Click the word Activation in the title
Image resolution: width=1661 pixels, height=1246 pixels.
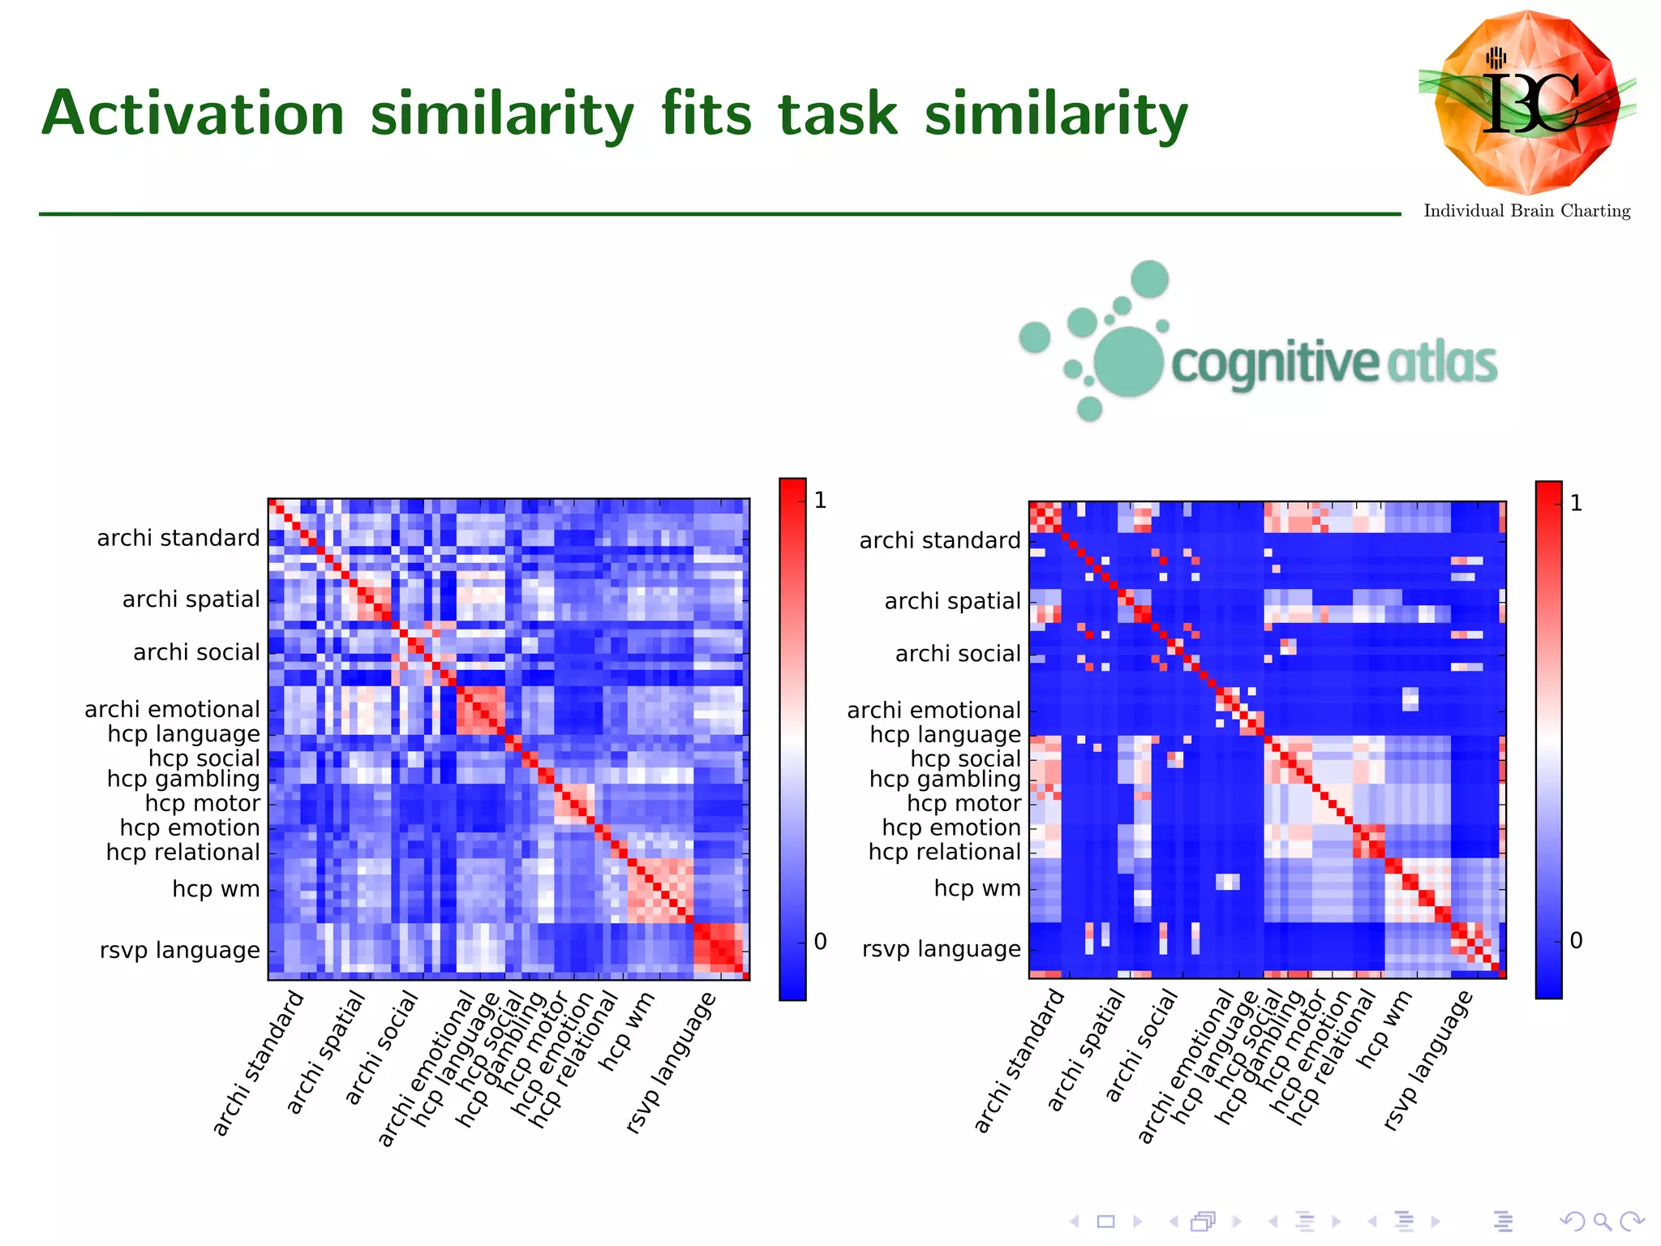tap(193, 114)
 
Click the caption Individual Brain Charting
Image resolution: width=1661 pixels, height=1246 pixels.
tap(1526, 211)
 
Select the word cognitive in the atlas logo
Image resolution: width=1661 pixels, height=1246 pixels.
tap(1275, 364)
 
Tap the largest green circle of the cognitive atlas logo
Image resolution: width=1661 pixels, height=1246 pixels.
tap(1128, 362)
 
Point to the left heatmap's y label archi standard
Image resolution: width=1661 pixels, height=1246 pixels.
tap(178, 538)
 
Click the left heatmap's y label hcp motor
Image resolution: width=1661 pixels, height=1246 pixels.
tap(203, 803)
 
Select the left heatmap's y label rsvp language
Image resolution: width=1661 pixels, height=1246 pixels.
tap(180, 950)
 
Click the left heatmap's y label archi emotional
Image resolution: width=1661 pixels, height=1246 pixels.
tap(172, 709)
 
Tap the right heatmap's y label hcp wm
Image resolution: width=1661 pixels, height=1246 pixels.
tap(977, 888)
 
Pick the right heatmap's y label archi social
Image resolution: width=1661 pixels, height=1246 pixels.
tap(958, 654)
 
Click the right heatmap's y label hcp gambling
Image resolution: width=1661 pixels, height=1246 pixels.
tap(945, 780)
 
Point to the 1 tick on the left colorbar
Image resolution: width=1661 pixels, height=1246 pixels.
tap(820, 501)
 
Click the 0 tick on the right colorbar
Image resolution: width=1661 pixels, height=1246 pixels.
tap(1576, 941)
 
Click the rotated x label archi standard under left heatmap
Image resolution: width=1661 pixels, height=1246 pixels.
tap(258, 1063)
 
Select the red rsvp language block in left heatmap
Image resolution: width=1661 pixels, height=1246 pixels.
tap(719, 947)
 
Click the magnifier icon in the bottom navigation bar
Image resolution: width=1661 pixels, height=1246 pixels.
tap(1601, 1221)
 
